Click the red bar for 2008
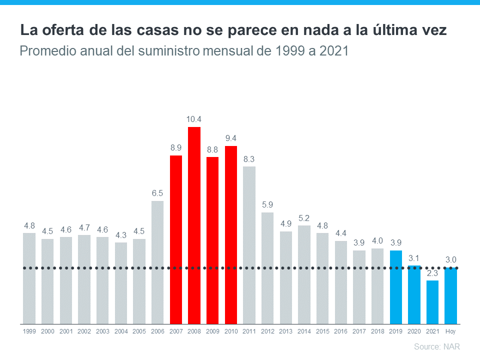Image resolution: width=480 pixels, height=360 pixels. click(194, 225)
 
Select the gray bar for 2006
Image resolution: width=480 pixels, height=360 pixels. click(157, 262)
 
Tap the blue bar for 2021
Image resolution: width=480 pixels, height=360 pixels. click(432, 302)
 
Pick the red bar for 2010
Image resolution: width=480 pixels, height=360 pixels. click(230, 235)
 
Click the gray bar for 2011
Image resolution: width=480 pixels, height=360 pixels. click(249, 245)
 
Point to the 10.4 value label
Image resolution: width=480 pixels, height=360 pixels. click(194, 119)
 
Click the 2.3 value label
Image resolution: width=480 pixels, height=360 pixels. click(432, 273)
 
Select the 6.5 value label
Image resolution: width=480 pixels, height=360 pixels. click(157, 193)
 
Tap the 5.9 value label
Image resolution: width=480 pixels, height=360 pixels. click(267, 204)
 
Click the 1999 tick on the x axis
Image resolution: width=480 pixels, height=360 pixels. click(29, 331)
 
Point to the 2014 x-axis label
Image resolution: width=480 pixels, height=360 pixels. click(304, 331)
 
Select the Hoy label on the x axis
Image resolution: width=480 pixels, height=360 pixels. click(450, 331)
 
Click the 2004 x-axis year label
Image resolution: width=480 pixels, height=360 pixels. click(121, 331)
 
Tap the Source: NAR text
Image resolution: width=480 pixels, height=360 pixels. click(436, 346)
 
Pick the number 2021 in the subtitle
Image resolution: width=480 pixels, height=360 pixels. click(332, 51)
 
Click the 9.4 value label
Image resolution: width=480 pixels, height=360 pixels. click(230, 138)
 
